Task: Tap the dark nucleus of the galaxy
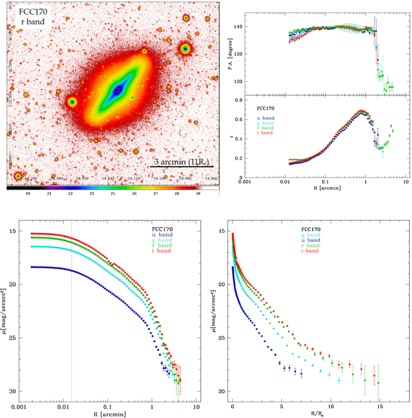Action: pyautogui.click(x=118, y=90)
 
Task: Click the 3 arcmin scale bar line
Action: pyautogui.click(x=182, y=167)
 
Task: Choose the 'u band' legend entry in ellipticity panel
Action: pyautogui.click(x=265, y=118)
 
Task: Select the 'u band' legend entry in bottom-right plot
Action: pyautogui.click(x=310, y=240)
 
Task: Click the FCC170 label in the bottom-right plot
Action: pyautogui.click(x=311, y=229)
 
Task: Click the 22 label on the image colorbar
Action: pyautogui.click(x=70, y=194)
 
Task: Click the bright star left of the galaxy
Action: pyautogui.click(x=72, y=102)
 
